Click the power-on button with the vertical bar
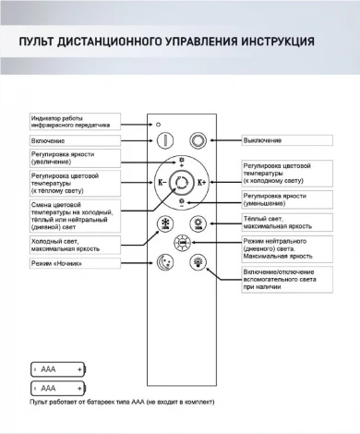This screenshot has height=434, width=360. (x=167, y=140)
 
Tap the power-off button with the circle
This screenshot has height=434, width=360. (x=198, y=140)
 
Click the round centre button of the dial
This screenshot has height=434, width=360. (x=182, y=183)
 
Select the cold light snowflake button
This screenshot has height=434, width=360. (x=167, y=225)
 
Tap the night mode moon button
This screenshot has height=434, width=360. (x=167, y=262)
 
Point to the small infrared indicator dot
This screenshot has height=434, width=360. (x=158, y=123)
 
